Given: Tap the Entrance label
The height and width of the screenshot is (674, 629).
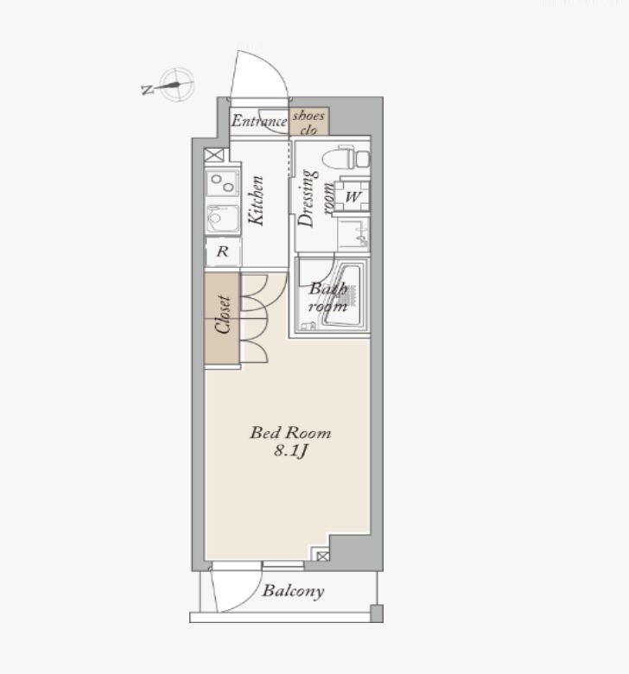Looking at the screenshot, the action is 259,121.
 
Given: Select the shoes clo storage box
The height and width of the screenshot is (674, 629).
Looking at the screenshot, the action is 309,121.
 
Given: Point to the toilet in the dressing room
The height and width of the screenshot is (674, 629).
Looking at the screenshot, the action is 346,157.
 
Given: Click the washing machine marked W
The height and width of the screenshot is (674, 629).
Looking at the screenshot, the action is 353,196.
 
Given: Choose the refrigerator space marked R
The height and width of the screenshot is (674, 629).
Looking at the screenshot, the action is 223,251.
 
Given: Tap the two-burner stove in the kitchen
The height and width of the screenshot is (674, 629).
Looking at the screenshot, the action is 222,182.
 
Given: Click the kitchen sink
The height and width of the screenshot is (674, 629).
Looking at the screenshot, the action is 222,219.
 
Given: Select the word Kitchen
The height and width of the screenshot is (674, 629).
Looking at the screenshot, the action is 257,200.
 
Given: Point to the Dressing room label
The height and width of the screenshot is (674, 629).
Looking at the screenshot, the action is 314,199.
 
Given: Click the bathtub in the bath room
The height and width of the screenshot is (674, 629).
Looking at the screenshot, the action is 343,296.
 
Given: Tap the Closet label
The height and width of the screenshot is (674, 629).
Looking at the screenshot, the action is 223,315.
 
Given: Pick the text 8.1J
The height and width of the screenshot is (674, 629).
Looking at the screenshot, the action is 291,451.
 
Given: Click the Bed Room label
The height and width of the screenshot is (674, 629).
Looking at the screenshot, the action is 290,432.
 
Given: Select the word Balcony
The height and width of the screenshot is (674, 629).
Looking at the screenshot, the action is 293,591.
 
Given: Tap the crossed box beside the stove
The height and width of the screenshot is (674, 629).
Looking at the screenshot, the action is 214,155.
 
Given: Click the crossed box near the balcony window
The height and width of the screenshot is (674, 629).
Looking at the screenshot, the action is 323,556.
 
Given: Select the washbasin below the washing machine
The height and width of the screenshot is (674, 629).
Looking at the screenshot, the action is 354,234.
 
